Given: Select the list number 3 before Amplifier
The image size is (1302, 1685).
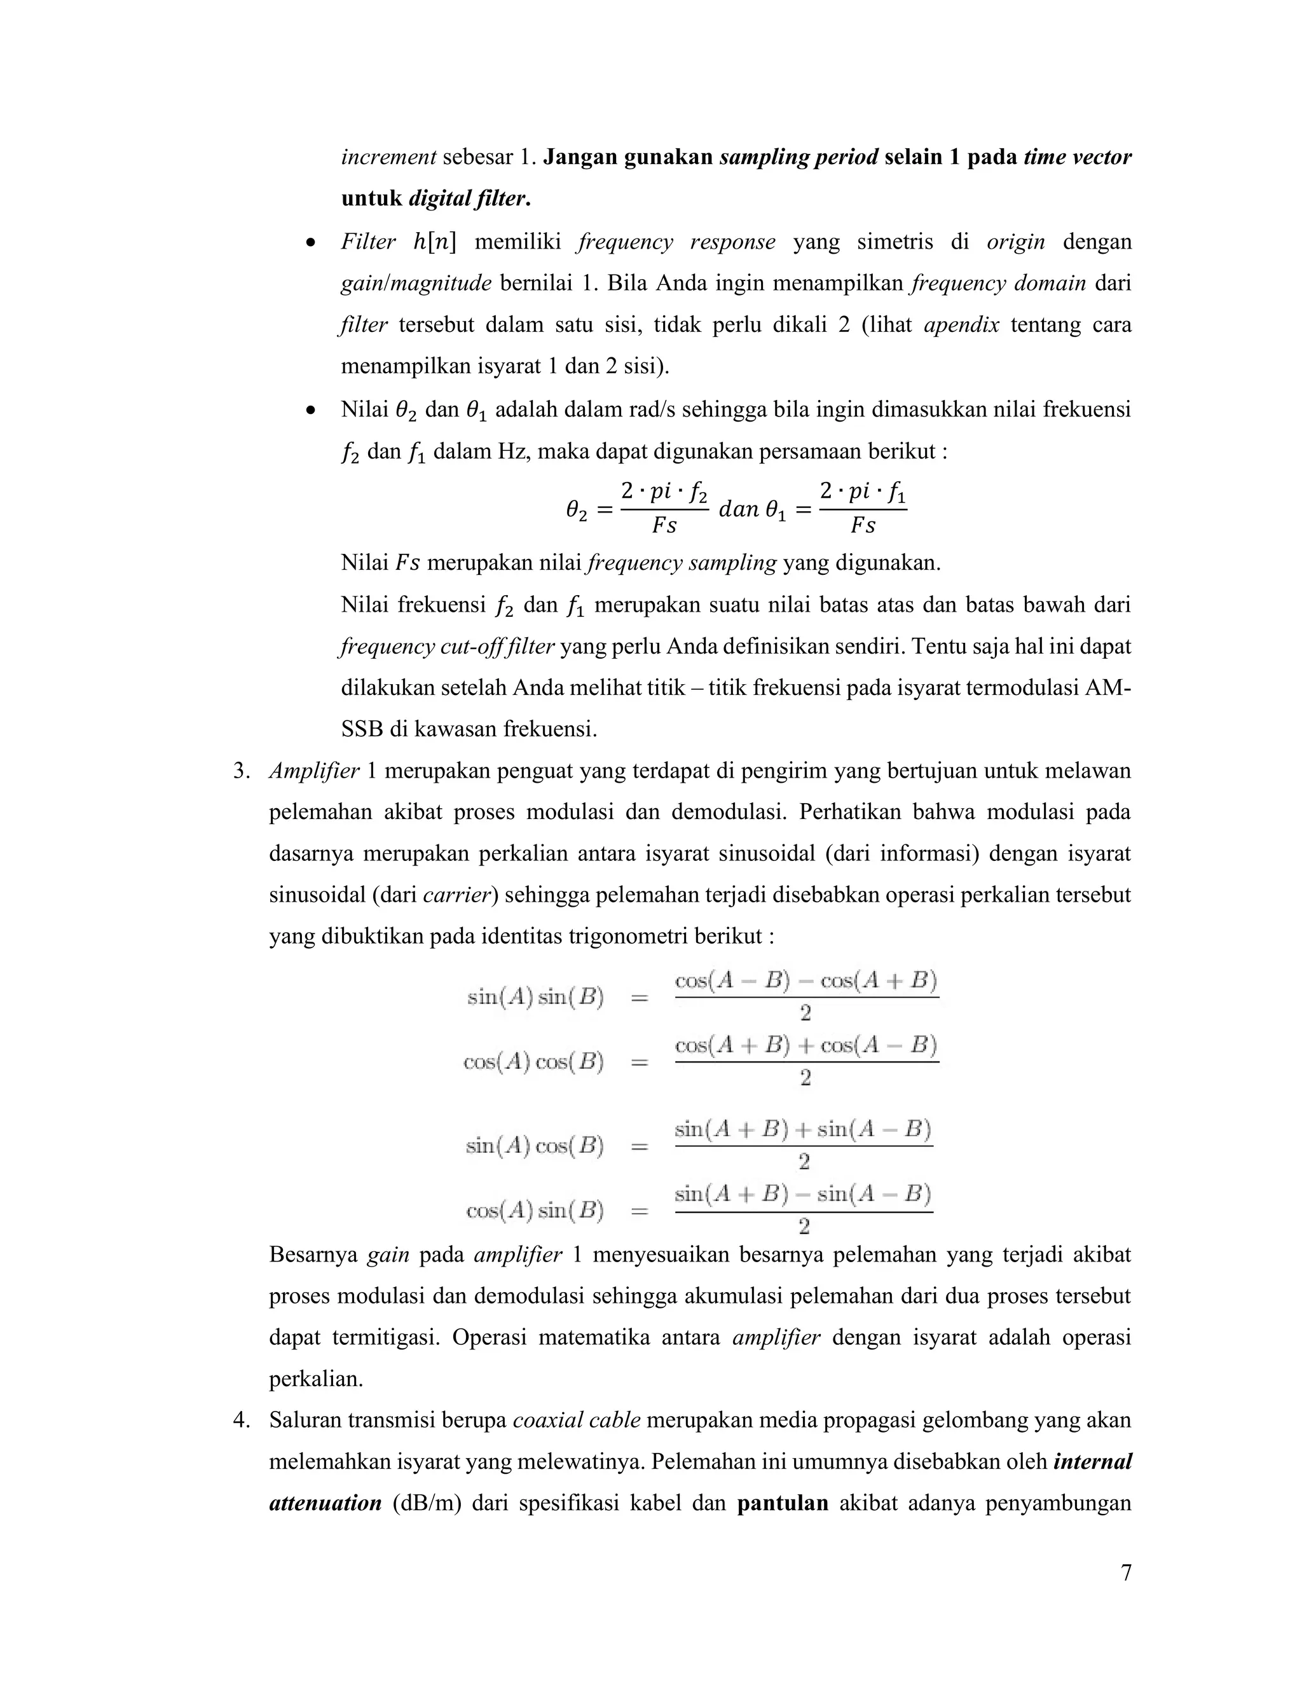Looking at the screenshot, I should pos(242,771).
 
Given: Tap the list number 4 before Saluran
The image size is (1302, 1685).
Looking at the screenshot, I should pos(242,1420).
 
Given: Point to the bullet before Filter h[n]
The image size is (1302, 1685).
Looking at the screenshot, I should pos(310,243).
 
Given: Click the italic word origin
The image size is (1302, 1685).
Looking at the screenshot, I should pos(1016,242).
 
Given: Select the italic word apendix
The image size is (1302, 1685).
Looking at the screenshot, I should pos(961,325).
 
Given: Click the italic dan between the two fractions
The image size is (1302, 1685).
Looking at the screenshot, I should pos(738,509).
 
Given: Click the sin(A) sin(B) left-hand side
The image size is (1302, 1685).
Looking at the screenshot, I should pos(535,998).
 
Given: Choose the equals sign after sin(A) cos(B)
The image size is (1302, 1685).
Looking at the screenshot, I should pos(640,1146).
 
